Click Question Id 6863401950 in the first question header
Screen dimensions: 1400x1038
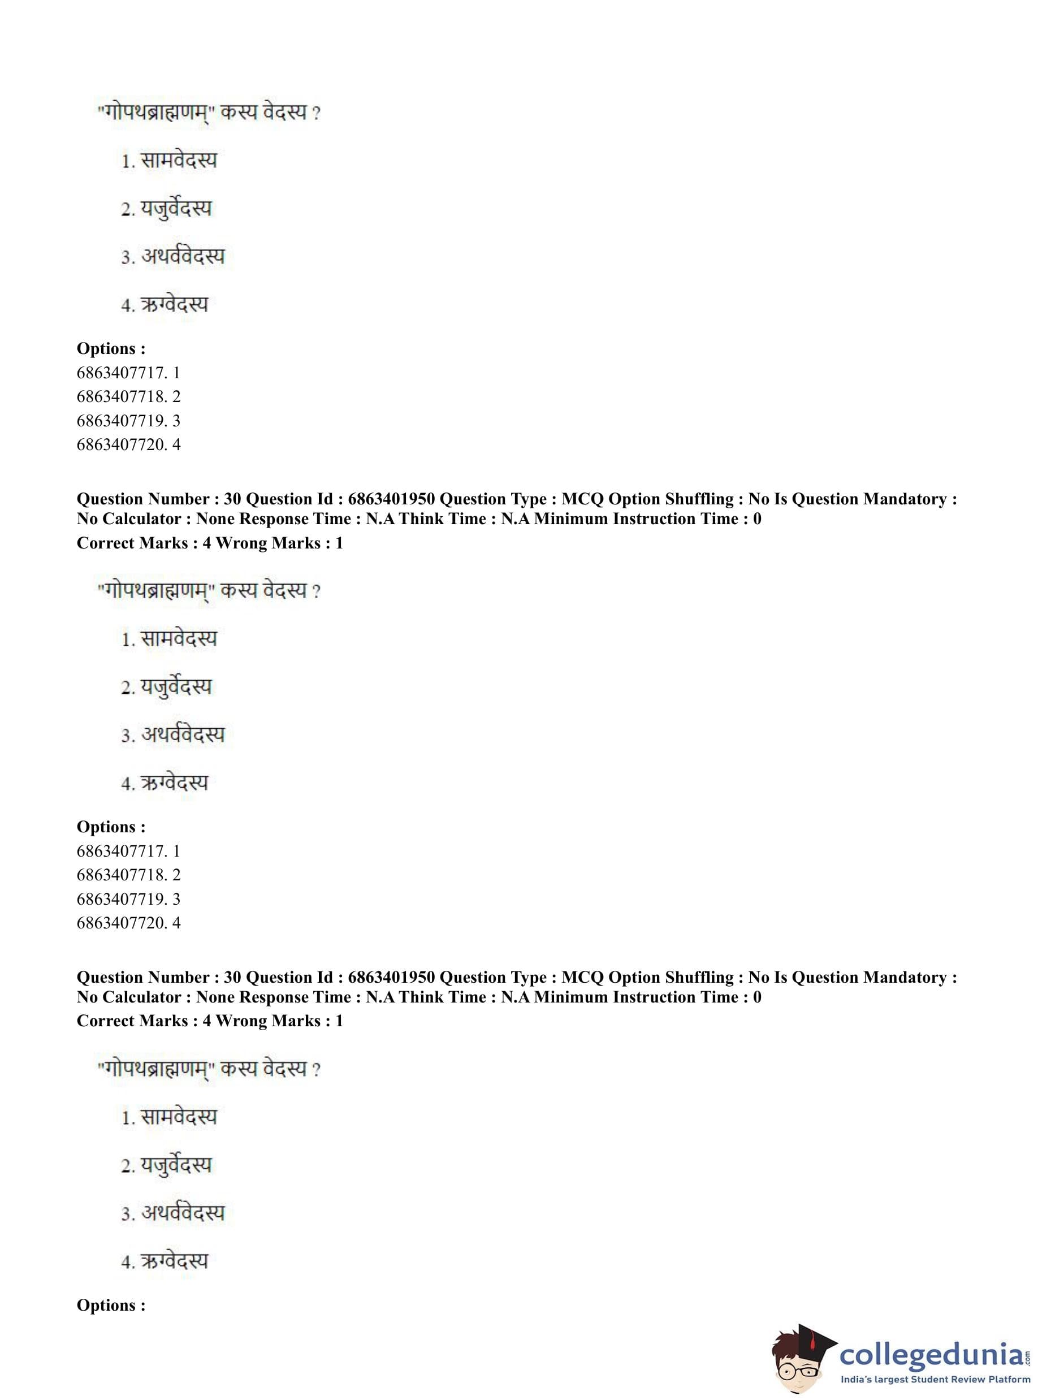click(x=391, y=499)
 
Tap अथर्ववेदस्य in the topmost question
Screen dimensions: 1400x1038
click(x=182, y=256)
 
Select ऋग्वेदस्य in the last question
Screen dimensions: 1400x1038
click(x=174, y=1261)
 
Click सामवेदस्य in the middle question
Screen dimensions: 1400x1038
click(x=179, y=639)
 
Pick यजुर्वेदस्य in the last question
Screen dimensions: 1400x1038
click(x=176, y=1165)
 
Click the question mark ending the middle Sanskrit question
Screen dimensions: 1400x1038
click(x=316, y=591)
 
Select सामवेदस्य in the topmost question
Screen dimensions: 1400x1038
click(x=179, y=161)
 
